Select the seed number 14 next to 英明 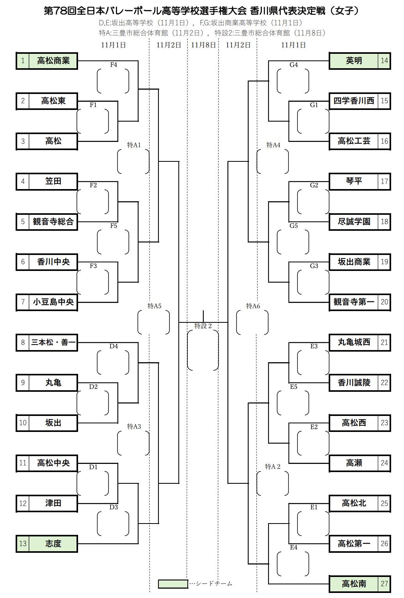(384, 61)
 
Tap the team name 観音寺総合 (53, 222)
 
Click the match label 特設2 (203, 326)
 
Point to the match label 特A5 (154, 306)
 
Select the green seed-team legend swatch (173, 584)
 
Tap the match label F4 (114, 65)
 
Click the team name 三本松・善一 (53, 343)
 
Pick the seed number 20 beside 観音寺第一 (384, 302)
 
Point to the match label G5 (294, 226)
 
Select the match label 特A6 (253, 306)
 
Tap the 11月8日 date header (203, 45)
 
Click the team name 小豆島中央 (53, 302)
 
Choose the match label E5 (294, 387)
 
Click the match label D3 (114, 507)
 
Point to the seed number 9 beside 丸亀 (23, 383)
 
